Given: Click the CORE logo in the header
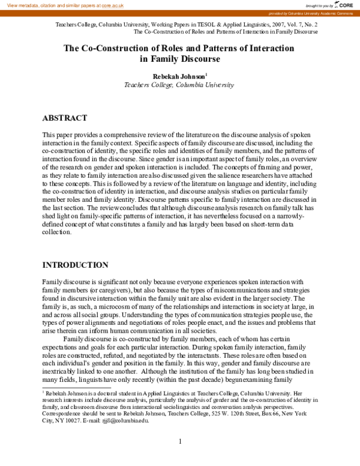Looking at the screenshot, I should coord(345,5).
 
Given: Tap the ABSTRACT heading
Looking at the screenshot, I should coord(67,118).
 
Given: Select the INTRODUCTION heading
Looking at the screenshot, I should coord(75,265).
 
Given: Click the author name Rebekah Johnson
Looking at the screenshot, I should coord(178,76).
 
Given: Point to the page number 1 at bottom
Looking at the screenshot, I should coord(180,441).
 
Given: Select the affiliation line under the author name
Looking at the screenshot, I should coord(179,85).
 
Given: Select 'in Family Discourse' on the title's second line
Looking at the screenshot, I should coord(179,59).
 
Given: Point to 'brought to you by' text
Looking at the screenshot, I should coord(319,5).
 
